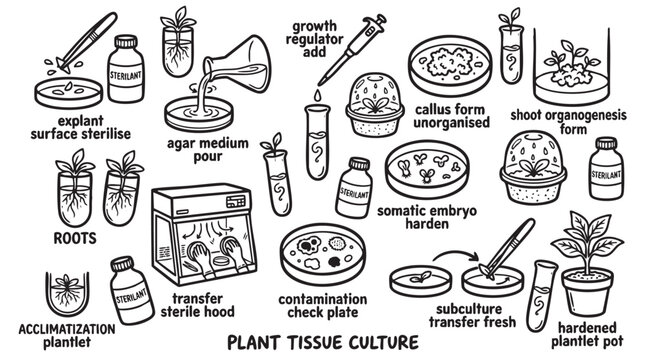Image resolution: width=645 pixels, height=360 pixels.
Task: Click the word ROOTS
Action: (x=75, y=238)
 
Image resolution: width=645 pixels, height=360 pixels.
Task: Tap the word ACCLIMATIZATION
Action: (x=67, y=329)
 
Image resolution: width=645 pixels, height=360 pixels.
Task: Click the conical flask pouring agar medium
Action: (x=240, y=66)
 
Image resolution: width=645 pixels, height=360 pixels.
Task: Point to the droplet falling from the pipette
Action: (x=318, y=96)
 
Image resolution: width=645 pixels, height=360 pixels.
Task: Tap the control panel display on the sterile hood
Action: (x=236, y=202)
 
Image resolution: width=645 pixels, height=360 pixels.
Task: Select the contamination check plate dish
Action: (x=323, y=254)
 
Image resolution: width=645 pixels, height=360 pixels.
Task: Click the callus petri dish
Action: (x=450, y=66)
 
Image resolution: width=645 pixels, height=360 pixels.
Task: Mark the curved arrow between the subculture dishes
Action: (x=456, y=255)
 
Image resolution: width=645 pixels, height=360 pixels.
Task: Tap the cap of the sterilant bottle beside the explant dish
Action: (x=126, y=42)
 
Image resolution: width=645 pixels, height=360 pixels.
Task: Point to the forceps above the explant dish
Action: (x=87, y=41)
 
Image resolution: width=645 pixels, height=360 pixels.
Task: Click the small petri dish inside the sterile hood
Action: (x=221, y=261)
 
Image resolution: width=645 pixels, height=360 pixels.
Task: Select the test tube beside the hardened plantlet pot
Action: (x=542, y=295)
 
